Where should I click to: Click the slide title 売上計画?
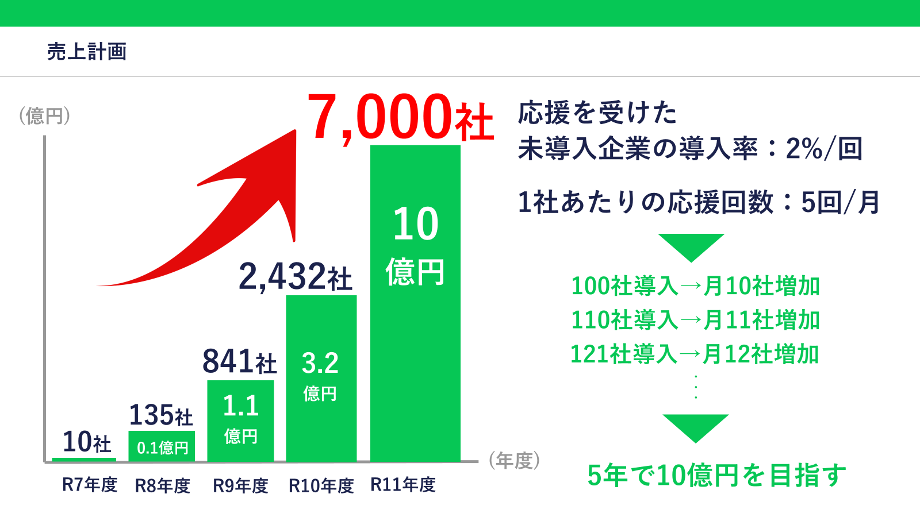(x=87, y=52)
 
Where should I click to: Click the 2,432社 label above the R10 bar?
(x=295, y=277)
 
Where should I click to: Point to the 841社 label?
(x=239, y=362)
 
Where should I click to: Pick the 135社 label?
(x=161, y=415)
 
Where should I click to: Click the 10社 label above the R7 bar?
(x=86, y=442)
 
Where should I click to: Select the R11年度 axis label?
(x=402, y=485)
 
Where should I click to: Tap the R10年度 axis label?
(x=321, y=486)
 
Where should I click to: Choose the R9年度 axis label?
(x=240, y=486)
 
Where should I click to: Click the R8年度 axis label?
(x=162, y=486)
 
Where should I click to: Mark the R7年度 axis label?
(x=89, y=485)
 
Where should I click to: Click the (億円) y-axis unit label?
(x=44, y=116)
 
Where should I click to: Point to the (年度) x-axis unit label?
(x=514, y=461)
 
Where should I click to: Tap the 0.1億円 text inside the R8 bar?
(x=162, y=448)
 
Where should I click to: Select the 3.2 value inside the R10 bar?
(x=320, y=363)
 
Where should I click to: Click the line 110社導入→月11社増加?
(x=695, y=320)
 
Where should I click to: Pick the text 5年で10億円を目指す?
(x=716, y=476)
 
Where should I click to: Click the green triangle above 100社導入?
(x=691, y=245)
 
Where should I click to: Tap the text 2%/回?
(x=824, y=149)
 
